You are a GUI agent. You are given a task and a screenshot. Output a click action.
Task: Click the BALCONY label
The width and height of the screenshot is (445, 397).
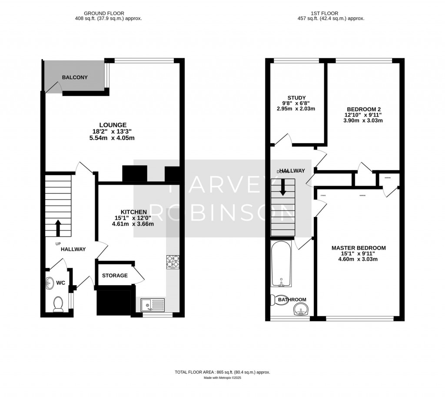pyautogui.click(x=75, y=77)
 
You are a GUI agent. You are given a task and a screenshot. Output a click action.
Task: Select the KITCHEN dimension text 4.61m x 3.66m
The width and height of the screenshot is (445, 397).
pyautogui.click(x=133, y=224)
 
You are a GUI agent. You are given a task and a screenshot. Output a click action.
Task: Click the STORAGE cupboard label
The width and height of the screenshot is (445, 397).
pyautogui.click(x=115, y=275)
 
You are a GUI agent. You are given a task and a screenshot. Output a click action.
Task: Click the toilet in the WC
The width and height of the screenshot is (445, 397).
pyautogui.click(x=58, y=305)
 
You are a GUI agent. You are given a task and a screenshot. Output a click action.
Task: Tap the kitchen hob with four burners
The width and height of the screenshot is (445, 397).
pyautogui.click(x=173, y=261)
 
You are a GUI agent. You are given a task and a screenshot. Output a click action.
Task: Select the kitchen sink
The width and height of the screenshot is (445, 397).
pyautogui.click(x=153, y=305)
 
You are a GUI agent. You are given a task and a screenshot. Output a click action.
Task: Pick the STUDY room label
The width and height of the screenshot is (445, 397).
pyautogui.click(x=296, y=97)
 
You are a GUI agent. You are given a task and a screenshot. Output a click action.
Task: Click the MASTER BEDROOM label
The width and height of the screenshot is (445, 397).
pyautogui.click(x=359, y=248)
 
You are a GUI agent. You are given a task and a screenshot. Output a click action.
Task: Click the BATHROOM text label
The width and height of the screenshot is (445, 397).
pyautogui.click(x=292, y=300)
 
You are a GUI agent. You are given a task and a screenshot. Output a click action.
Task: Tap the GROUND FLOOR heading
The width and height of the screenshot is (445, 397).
pyautogui.click(x=109, y=13)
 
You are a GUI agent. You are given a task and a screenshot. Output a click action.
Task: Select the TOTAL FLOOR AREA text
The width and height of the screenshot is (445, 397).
pyautogui.click(x=222, y=372)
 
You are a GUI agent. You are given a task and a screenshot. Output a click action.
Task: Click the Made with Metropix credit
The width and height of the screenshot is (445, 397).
pyautogui.click(x=222, y=378)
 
